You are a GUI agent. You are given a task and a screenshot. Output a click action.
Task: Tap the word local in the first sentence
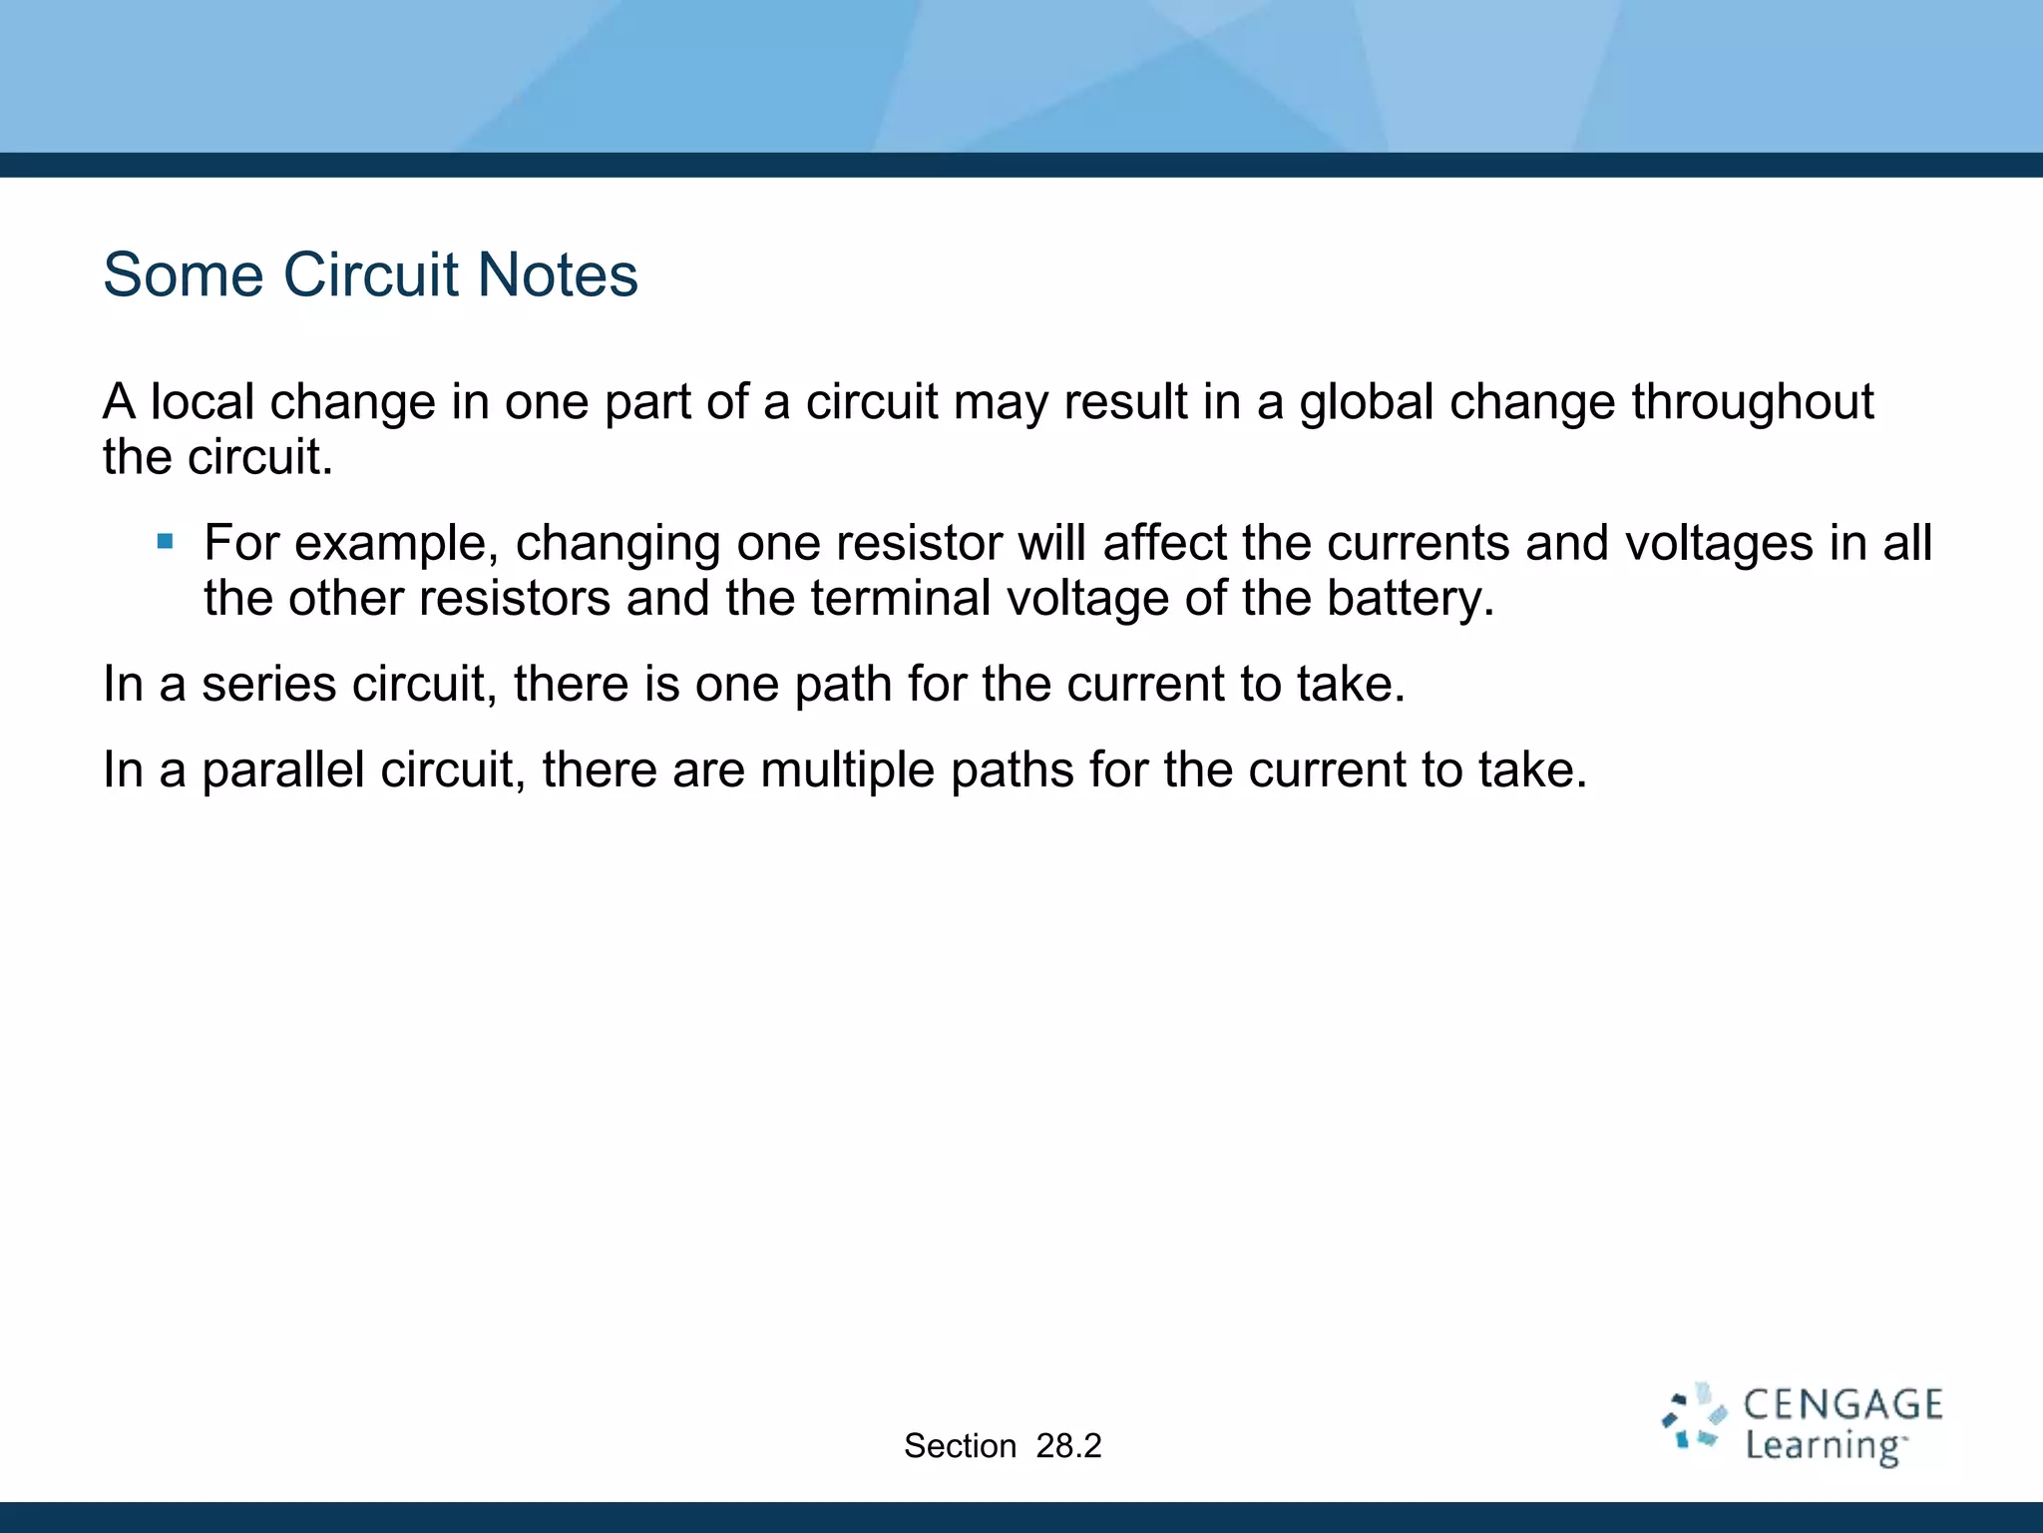pyautogui.click(x=203, y=402)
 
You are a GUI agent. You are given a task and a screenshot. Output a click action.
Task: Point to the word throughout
pyautogui.click(x=1753, y=402)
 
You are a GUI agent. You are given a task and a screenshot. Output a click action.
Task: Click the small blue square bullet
pyautogui.click(x=166, y=543)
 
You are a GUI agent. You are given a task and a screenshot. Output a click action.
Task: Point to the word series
pyautogui.click(x=268, y=685)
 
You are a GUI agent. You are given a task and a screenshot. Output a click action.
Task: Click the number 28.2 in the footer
pyautogui.click(x=1068, y=1446)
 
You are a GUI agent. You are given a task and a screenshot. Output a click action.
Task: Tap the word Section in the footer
pyautogui.click(x=960, y=1446)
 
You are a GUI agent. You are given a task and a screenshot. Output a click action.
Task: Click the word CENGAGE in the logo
pyautogui.click(x=1842, y=1405)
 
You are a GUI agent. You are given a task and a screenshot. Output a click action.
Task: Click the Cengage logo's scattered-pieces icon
pyautogui.click(x=1693, y=1417)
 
